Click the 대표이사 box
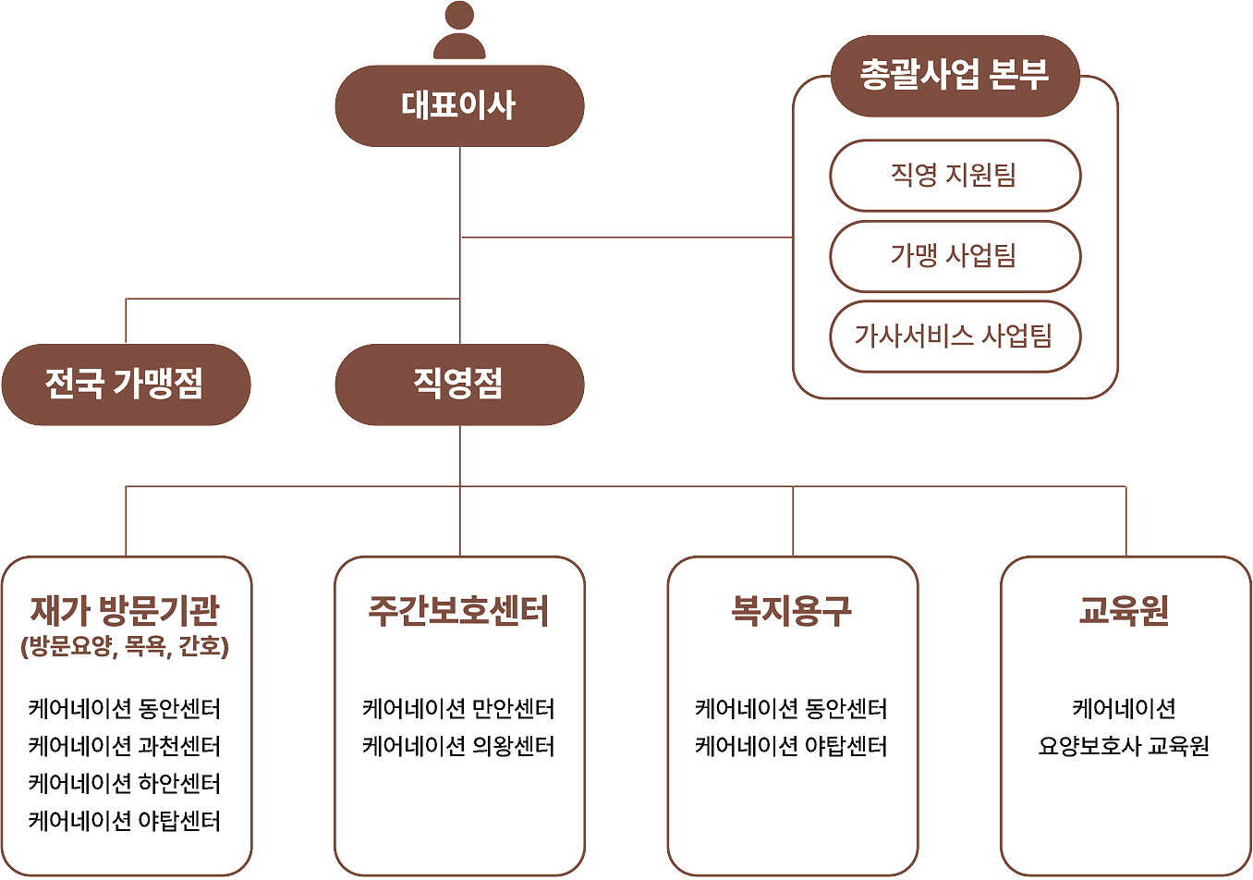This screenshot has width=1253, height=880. click(459, 105)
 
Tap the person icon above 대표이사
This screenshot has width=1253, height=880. click(459, 31)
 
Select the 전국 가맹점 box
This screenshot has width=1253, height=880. click(126, 385)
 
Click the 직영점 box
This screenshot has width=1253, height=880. click(459, 385)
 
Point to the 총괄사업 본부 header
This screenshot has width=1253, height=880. click(955, 76)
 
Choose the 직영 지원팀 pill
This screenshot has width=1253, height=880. click(955, 175)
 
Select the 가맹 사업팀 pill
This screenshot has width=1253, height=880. click(955, 256)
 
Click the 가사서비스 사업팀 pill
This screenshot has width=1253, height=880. click(955, 336)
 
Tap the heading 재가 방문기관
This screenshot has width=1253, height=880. click(125, 610)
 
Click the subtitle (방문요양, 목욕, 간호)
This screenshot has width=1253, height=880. click(125, 646)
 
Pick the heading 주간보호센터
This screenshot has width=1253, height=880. click(458, 610)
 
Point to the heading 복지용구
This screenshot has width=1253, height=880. click(792, 610)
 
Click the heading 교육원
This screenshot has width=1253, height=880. click(1125, 610)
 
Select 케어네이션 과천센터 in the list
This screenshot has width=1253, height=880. click(125, 746)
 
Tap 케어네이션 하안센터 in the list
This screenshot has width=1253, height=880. click(125, 783)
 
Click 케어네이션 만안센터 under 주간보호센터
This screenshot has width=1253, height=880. click(458, 708)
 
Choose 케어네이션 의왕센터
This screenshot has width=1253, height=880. click(458, 746)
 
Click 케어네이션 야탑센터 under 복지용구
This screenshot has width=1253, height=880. click(792, 746)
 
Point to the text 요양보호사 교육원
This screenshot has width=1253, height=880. click(1125, 746)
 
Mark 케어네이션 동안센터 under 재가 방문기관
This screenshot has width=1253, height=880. click(125, 708)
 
